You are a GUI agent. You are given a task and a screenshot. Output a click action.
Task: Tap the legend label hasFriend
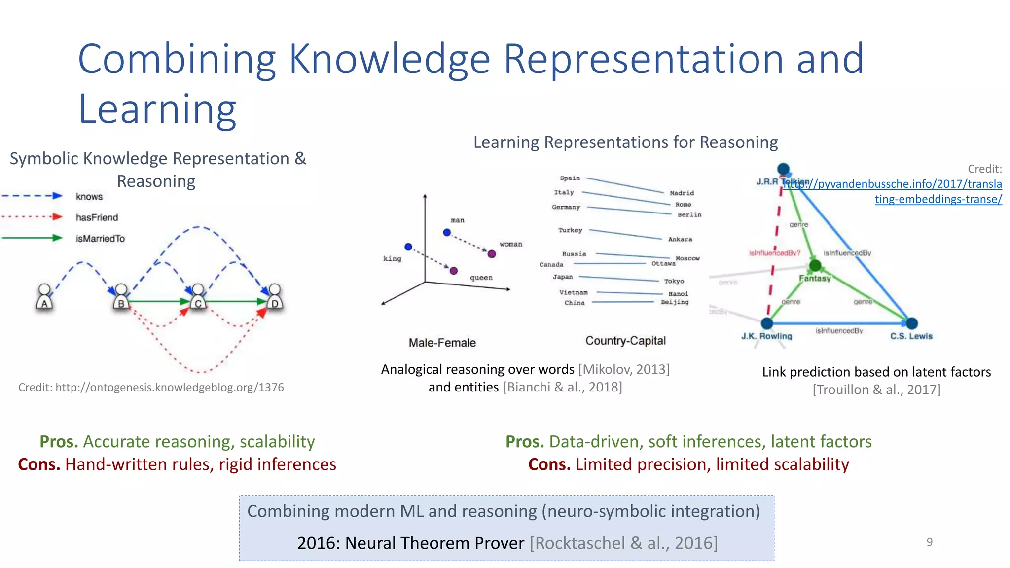97,217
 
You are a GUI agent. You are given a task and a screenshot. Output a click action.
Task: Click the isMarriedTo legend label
100,239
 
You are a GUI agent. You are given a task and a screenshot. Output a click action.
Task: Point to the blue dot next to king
408,247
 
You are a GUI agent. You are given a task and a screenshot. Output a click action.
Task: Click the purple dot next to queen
454,271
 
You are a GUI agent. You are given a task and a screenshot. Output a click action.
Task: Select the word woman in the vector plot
510,244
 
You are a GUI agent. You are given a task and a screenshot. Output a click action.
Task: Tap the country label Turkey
570,230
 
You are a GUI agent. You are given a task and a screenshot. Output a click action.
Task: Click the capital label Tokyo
674,281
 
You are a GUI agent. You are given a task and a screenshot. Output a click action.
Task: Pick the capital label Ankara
680,239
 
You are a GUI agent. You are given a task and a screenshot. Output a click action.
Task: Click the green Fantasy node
815,266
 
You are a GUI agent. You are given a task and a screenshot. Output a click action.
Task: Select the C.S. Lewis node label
911,336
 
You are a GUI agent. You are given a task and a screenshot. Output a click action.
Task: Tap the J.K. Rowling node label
766,336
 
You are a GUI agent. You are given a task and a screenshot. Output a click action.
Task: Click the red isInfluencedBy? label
774,253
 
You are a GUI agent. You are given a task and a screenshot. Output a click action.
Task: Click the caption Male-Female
442,343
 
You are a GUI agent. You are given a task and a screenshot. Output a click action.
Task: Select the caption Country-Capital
625,341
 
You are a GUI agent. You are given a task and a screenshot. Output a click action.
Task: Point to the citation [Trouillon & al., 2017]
876,390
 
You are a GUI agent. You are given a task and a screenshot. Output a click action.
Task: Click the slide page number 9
929,542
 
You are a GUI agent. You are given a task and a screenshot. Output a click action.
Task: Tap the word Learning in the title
157,109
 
